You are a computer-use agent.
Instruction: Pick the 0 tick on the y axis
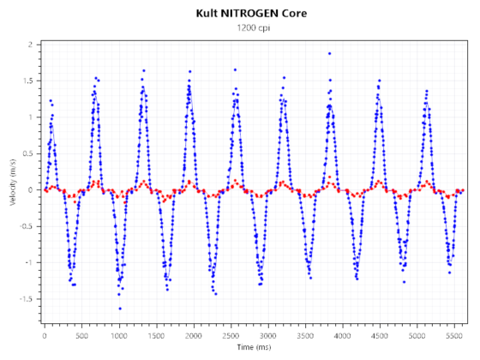click(30, 189)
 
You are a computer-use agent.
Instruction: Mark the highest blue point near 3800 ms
click(329, 53)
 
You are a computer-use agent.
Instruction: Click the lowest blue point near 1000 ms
click(120, 309)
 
